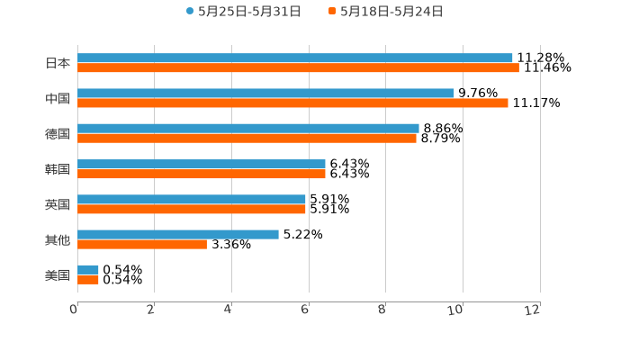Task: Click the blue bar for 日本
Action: click(x=295, y=58)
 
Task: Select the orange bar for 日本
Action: click(x=298, y=67)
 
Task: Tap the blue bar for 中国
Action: click(x=265, y=93)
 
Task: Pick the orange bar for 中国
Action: click(x=292, y=103)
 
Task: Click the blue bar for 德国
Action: click(x=248, y=128)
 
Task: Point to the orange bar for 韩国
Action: click(x=202, y=174)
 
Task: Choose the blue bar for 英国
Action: click(x=192, y=199)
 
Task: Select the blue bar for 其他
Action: click(x=178, y=234)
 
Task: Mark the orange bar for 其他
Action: click(x=142, y=244)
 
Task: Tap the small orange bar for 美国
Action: click(x=88, y=280)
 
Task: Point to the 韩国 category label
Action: click(x=58, y=169)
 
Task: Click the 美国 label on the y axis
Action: click(x=58, y=274)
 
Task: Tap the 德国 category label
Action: click(x=58, y=133)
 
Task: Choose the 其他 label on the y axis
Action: click(x=58, y=239)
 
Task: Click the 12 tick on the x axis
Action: click(x=533, y=310)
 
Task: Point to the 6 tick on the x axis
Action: click(x=306, y=310)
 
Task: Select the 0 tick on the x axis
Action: click(x=75, y=310)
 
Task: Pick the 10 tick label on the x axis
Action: click(x=455, y=310)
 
